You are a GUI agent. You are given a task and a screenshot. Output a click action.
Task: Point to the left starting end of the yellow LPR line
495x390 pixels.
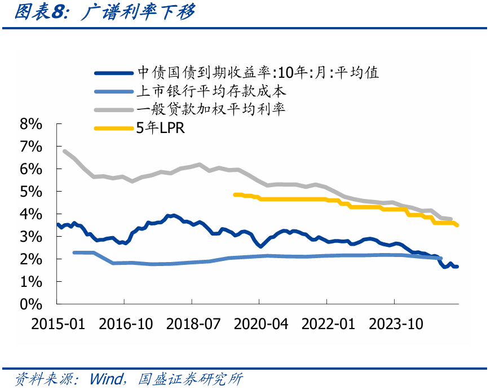tap(235, 194)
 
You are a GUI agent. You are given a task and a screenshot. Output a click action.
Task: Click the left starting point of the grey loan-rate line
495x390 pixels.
tap(64, 151)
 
